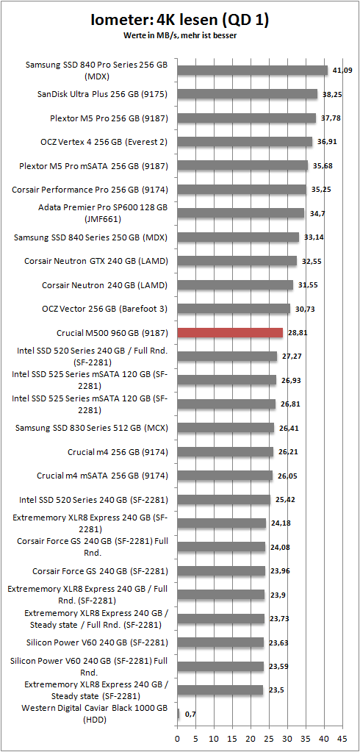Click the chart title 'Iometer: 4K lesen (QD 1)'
179,21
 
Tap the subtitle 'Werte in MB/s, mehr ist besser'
179,35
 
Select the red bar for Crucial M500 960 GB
230,332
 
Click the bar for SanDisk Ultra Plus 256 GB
247,94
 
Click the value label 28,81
298,332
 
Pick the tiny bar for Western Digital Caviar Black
178,714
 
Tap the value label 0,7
190,714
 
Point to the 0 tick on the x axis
177,737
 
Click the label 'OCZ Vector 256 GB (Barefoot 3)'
112,309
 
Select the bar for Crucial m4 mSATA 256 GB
225,476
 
